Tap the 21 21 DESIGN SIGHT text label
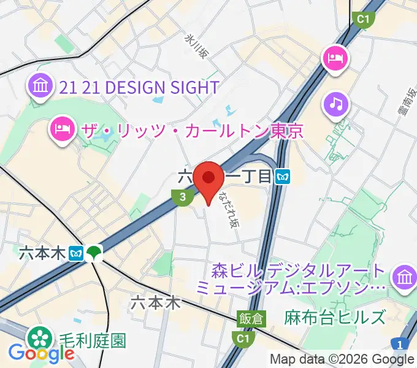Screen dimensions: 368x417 tap(140, 87)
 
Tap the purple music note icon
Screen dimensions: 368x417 tap(336, 104)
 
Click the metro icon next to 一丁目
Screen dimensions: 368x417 tap(283, 177)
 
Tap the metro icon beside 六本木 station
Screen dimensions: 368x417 tap(77, 253)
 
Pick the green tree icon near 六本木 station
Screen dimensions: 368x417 tap(94, 252)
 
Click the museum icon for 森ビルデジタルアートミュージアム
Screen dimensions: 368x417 tap(404, 277)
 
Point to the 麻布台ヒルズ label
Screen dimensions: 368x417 tap(335, 317)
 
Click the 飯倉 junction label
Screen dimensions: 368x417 tap(251, 318)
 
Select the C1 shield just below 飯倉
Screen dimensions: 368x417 tap(243, 337)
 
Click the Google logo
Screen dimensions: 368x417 tap(42, 353)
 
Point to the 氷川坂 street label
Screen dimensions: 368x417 tap(197, 45)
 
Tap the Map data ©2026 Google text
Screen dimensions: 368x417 tap(342, 359)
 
